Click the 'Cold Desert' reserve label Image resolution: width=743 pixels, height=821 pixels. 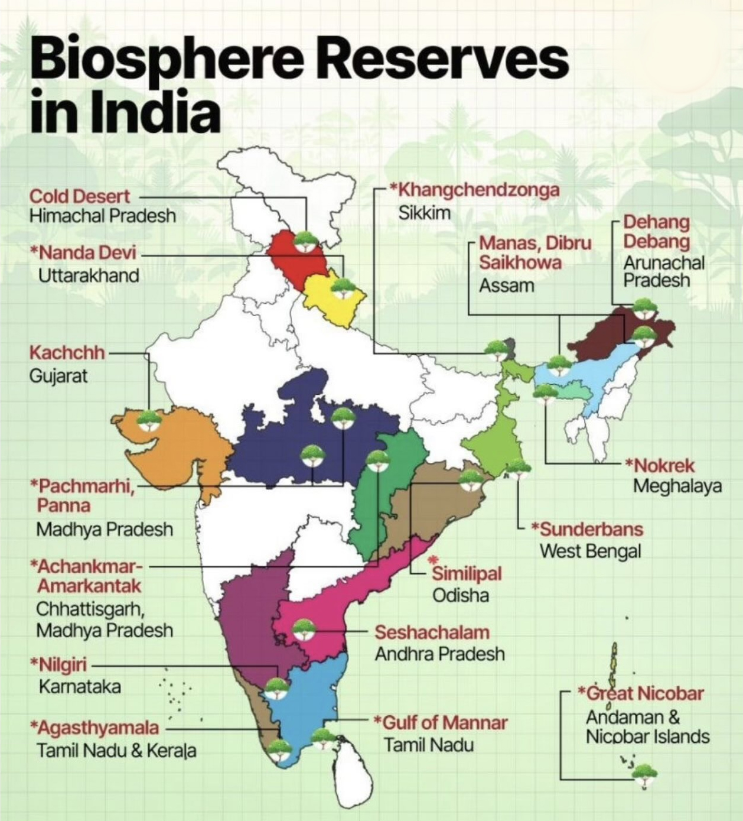(80, 196)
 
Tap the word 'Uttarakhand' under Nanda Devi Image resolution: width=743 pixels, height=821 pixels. (89, 275)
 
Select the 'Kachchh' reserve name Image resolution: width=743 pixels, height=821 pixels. (67, 353)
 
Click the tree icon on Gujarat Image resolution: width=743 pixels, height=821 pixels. (149, 419)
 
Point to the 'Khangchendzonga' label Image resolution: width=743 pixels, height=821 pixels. (478, 190)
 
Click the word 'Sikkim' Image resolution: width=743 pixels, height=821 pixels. (424, 213)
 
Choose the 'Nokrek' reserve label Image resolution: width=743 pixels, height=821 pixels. (663, 465)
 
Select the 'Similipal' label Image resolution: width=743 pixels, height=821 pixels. (467, 573)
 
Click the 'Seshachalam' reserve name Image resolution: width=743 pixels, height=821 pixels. (432, 632)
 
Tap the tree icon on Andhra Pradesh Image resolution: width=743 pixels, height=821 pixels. (304, 629)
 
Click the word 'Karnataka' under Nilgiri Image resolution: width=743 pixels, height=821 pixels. (80, 686)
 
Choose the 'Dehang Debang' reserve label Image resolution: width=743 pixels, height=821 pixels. (656, 232)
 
